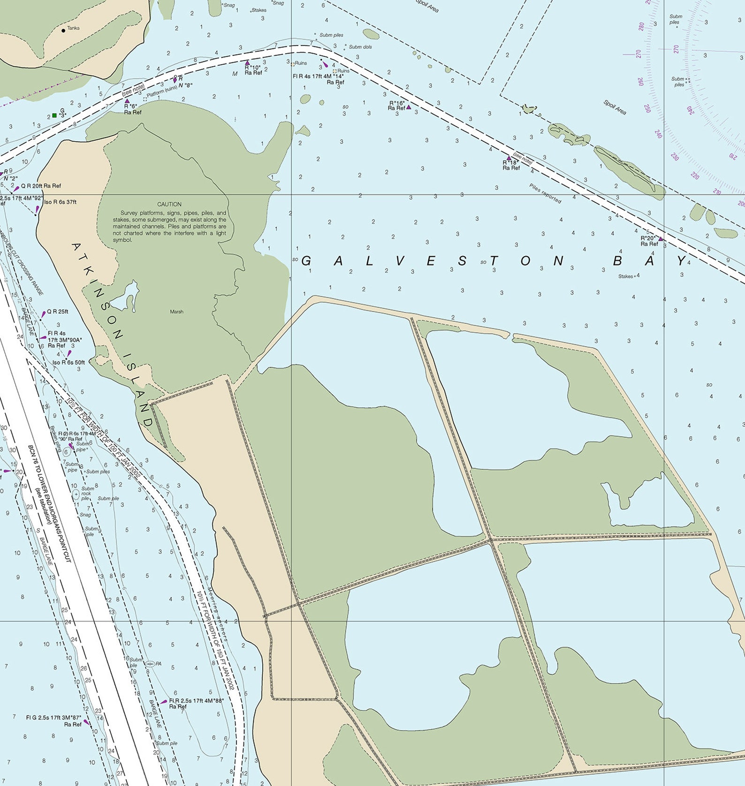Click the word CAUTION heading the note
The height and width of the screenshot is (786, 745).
pyautogui.click(x=169, y=204)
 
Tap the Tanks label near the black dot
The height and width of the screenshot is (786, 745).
pyautogui.click(x=73, y=28)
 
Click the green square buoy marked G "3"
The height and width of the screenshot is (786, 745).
pyautogui.click(x=54, y=115)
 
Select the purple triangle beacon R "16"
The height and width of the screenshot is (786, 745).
pyautogui.click(x=409, y=107)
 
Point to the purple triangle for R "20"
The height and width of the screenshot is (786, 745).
pyautogui.click(x=661, y=239)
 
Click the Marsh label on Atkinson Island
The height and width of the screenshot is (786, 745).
pyautogui.click(x=176, y=312)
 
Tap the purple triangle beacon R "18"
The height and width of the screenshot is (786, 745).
pyautogui.click(x=508, y=158)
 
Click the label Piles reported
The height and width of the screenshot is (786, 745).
pyautogui.click(x=545, y=193)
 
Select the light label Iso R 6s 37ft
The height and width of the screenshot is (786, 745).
pyautogui.click(x=60, y=202)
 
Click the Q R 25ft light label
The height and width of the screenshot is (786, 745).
pyautogui.click(x=57, y=312)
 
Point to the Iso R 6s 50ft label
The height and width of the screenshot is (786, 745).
pyautogui.click(x=68, y=362)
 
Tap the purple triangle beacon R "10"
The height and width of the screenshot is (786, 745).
pyautogui.click(x=247, y=62)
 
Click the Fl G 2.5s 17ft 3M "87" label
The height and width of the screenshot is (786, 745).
pyautogui.click(x=53, y=717)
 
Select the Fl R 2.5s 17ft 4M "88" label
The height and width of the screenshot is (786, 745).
pyautogui.click(x=196, y=701)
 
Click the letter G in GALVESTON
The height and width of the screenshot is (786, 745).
pyautogui.click(x=306, y=261)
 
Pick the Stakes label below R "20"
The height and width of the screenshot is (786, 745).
pyautogui.click(x=625, y=276)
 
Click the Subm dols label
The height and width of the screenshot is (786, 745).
pyautogui.click(x=360, y=47)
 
